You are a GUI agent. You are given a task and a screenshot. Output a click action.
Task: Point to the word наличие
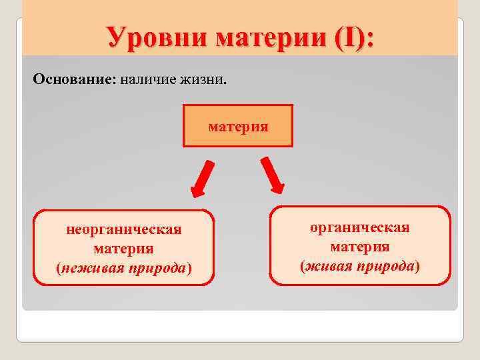click(149, 80)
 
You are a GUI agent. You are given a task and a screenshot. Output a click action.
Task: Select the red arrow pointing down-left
click(201, 179)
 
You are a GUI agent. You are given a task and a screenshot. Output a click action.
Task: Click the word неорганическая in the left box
click(124, 230)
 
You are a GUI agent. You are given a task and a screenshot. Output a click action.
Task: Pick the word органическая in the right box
click(360, 228)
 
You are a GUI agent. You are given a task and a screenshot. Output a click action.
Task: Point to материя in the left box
click(124, 249)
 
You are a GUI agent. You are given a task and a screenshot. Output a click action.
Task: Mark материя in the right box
click(360, 247)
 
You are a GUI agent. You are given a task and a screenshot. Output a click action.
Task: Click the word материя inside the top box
click(238, 125)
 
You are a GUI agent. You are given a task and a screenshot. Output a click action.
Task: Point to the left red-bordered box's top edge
click(124, 211)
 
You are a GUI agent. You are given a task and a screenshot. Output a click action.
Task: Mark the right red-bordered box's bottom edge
click(360, 285)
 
